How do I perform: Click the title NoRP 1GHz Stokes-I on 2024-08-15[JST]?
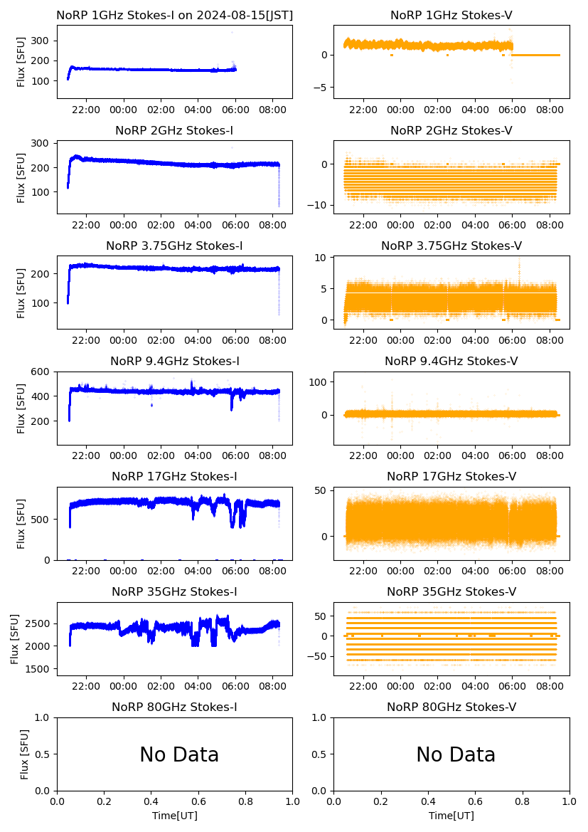tap(174, 15)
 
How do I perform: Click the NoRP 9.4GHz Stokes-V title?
tap(451, 361)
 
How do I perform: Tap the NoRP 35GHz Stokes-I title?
tap(174, 591)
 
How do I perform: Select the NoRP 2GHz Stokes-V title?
tap(451, 130)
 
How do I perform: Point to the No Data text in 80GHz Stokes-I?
tap(179, 754)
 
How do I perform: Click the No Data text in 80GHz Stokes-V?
tap(456, 754)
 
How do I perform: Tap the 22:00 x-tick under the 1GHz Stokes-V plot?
tap(364, 110)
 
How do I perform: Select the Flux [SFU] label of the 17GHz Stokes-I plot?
tap(21, 524)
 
